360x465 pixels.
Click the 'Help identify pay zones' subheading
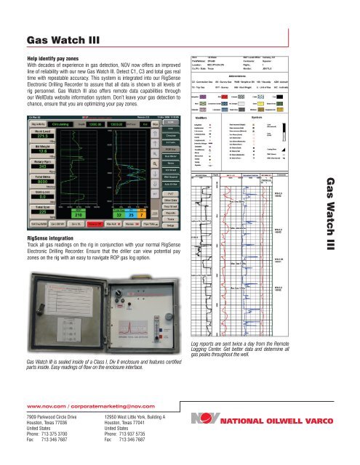(x=59, y=57)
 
